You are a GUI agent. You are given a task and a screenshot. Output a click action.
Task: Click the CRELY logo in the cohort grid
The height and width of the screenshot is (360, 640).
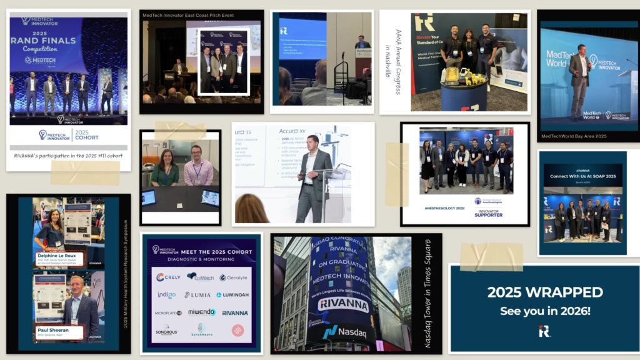pyautogui.click(x=169, y=277)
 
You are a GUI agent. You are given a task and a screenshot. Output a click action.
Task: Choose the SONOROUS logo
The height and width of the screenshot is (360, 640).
pyautogui.click(x=166, y=331)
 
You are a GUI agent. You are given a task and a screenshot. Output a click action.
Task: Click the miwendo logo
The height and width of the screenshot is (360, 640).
pyautogui.click(x=201, y=312)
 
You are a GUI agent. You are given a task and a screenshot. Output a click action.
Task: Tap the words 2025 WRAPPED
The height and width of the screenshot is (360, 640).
pyautogui.click(x=545, y=292)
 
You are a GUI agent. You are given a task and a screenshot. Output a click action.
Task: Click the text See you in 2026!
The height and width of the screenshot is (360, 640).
pyautogui.click(x=545, y=311)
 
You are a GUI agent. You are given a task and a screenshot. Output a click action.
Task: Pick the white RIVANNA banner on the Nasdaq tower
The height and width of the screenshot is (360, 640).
pyautogui.click(x=343, y=304)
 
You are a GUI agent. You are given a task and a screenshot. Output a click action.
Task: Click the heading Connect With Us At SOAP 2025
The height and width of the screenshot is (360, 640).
pyautogui.click(x=582, y=177)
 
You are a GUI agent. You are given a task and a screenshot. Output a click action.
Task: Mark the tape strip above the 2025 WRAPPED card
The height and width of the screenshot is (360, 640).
pyautogui.click(x=491, y=257)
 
